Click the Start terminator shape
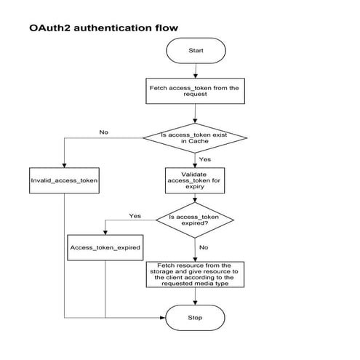(196, 52)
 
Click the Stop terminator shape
(196, 318)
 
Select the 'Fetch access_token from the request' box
(194, 91)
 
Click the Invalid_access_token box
(65, 180)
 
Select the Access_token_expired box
(105, 247)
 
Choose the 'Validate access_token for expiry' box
(194, 180)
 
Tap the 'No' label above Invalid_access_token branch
(103, 132)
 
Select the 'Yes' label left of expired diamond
(135, 216)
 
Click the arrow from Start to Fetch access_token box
(195, 71)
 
